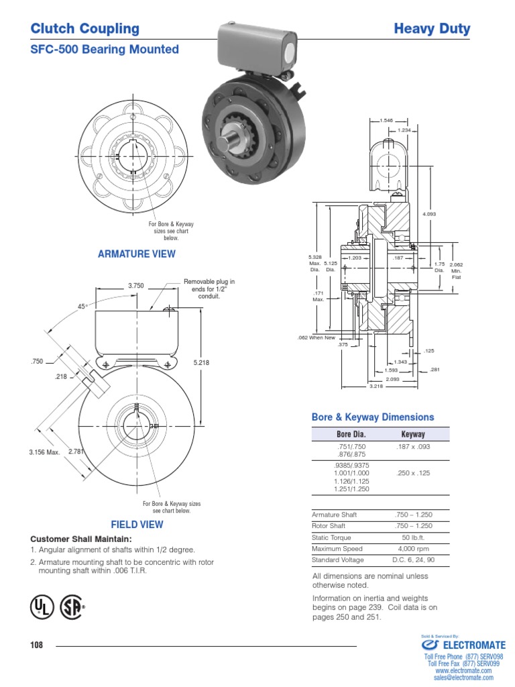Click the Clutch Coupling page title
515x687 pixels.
85,29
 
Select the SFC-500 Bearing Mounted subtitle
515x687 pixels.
105,50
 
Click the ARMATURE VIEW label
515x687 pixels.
137,254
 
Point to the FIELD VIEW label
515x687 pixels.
137,524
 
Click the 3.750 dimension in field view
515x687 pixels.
136,286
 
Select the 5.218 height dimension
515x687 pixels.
201,362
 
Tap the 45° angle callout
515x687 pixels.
83,306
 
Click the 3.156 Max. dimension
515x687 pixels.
44,452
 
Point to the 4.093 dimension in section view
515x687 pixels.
429,214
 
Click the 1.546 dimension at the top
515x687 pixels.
386,120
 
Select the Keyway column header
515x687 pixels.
413,434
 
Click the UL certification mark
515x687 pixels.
40,606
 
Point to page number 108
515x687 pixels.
36,645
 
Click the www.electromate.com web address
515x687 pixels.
463,670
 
